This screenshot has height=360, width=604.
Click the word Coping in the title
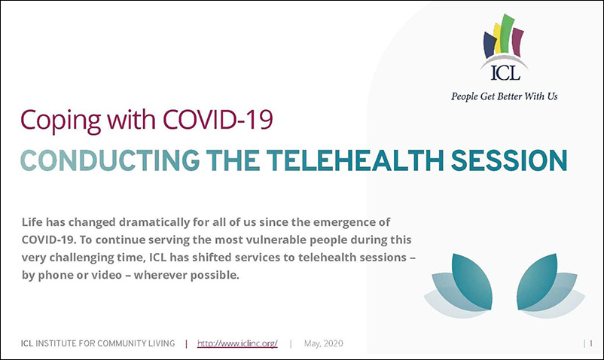point(60,121)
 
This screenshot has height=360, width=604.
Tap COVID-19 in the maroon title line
point(218,119)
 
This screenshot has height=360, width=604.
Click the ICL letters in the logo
point(505,72)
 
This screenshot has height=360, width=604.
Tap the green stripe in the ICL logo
point(507,34)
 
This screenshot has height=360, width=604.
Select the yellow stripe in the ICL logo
point(498,38)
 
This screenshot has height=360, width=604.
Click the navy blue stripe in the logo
point(490,44)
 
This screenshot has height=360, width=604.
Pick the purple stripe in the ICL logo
point(518,41)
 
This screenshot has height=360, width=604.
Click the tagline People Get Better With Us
point(505,96)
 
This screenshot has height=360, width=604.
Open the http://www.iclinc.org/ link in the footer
point(237,343)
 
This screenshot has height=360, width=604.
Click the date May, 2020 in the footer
point(324,343)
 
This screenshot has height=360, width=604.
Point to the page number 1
point(591,343)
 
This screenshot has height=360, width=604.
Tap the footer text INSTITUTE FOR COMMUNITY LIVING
point(105,343)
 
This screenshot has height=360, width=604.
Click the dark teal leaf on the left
point(472,281)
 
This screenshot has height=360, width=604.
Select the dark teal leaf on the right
point(537,281)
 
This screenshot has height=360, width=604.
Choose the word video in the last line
point(105,275)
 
